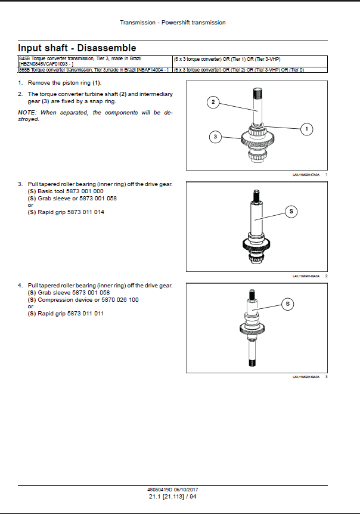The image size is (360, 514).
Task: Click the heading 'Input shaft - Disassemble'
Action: [77, 48]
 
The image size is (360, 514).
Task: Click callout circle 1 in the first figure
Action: [306, 128]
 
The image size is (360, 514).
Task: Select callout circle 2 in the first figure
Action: [213, 103]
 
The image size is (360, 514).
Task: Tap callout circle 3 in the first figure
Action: [215, 137]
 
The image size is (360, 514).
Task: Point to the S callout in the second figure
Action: [291, 211]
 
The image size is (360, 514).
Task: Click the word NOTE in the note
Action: [27, 113]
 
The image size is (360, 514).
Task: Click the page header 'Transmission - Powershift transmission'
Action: [173, 23]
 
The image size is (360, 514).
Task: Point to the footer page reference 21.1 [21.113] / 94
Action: [172, 496]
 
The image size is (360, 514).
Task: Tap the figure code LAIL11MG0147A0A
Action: [306, 174]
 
